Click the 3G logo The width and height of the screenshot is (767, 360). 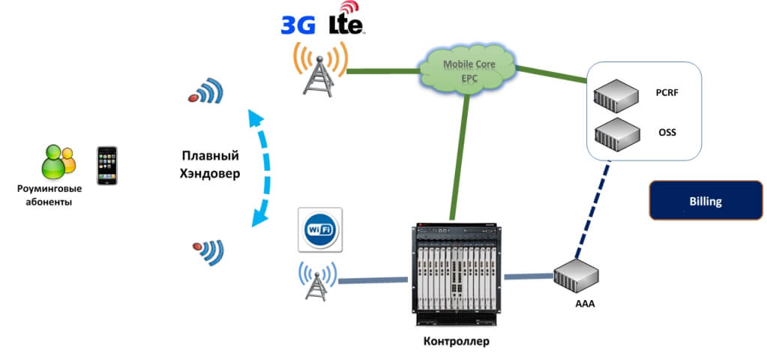(298, 25)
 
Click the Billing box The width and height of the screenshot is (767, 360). (705, 200)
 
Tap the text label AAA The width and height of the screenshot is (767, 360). (577, 304)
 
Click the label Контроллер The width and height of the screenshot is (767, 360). (455, 341)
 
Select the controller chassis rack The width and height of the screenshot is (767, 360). (455, 273)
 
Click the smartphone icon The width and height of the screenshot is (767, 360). (107, 165)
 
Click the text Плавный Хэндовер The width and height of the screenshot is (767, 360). (210, 164)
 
